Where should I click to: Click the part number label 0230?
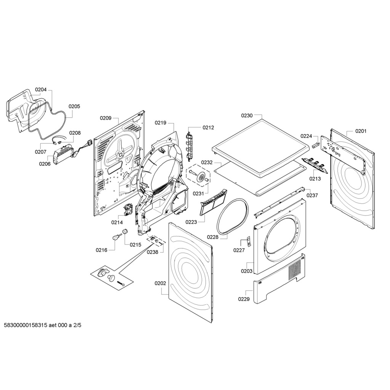[247, 115]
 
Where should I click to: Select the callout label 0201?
[361, 131]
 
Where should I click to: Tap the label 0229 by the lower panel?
[244, 299]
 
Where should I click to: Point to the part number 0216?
[101, 250]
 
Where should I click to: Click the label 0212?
[208, 128]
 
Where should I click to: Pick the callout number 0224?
[306, 136]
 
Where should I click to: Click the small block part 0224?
[315, 145]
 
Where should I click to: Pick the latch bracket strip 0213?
[314, 163]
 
